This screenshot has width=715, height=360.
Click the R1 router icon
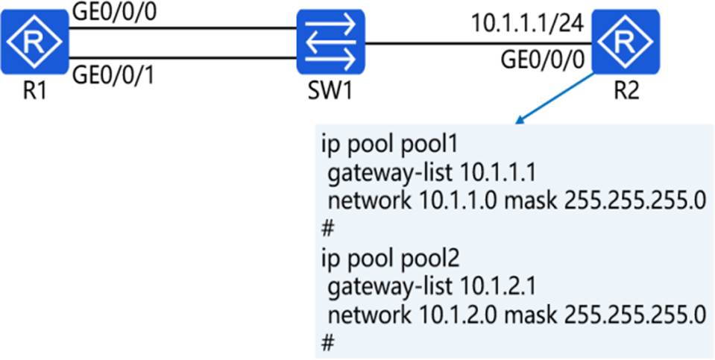click(x=34, y=42)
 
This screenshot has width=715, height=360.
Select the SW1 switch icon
click(x=330, y=42)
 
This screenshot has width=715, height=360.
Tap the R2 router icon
click(x=626, y=42)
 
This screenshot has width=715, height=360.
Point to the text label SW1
click(x=330, y=92)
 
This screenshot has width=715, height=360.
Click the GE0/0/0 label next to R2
click(x=542, y=60)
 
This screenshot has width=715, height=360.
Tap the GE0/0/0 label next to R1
click(x=114, y=13)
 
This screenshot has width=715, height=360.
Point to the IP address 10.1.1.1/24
click(x=526, y=24)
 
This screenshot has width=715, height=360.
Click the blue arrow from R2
click(x=554, y=98)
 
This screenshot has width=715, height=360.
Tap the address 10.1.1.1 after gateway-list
click(x=497, y=173)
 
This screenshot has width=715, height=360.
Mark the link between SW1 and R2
click(x=479, y=44)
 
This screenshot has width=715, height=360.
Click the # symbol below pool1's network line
click(x=327, y=230)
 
